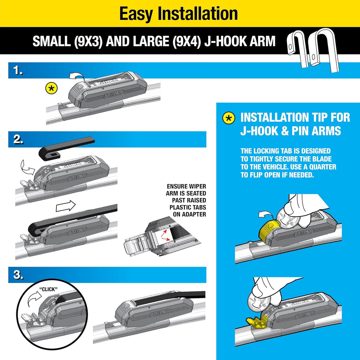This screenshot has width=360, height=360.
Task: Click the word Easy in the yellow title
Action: pos(136,14)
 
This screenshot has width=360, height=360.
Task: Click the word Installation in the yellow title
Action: pos(198,13)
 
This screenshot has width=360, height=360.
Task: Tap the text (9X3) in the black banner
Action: pos(88,41)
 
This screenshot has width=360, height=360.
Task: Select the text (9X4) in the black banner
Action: pos(186,41)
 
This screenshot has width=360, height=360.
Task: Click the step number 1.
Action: pos(18,71)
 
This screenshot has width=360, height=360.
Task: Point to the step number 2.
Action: pos(18,139)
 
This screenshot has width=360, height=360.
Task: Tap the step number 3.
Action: pos(18,275)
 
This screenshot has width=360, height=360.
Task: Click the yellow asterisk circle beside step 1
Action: pos(51,89)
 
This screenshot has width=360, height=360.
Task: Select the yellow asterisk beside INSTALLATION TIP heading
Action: pos(229,118)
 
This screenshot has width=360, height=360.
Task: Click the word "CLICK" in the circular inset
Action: pos(49,289)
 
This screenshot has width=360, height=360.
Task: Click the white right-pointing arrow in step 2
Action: pos(66,206)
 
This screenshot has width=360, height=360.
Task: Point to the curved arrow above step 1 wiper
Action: pos(77,76)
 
